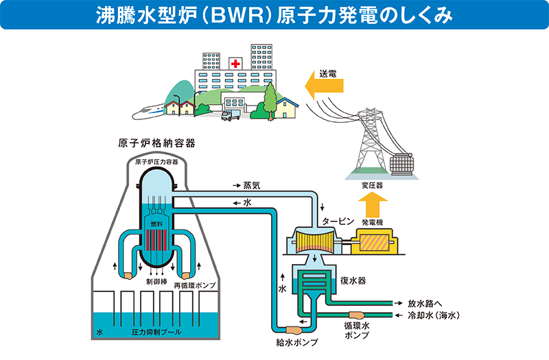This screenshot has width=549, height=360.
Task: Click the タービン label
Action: click(x=338, y=221)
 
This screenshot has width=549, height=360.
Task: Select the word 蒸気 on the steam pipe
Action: click(x=252, y=186)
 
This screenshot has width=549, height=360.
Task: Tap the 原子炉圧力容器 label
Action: click(x=156, y=162)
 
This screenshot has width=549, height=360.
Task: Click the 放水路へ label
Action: click(x=424, y=302)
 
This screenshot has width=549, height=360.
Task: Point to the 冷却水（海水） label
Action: click(x=433, y=315)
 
